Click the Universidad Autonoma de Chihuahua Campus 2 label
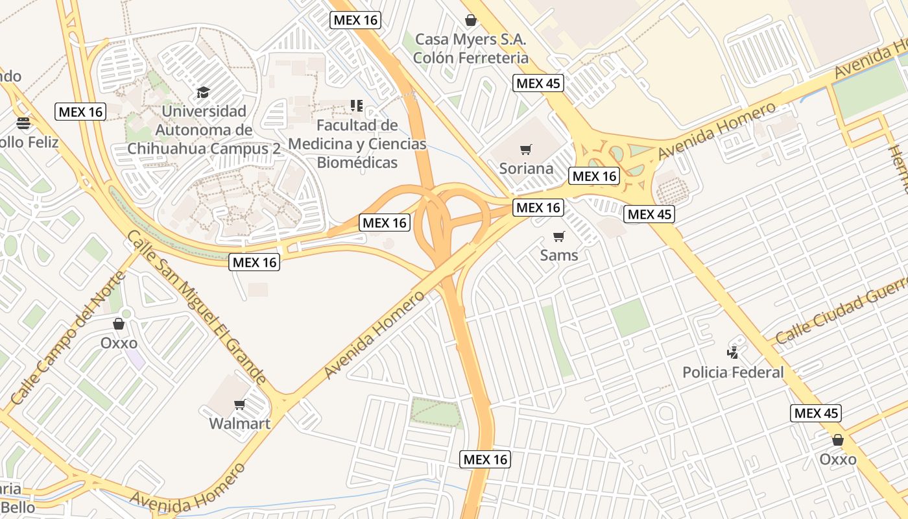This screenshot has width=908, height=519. click(x=204, y=130)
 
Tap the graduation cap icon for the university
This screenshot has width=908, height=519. click(x=204, y=92)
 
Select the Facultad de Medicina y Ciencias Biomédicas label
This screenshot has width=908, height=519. click(x=357, y=143)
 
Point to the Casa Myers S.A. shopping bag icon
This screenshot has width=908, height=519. click(x=471, y=20)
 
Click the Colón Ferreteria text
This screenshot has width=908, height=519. click(x=471, y=58)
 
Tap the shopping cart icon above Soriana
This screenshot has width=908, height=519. click(x=526, y=150)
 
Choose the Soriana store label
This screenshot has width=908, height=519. click(x=526, y=169)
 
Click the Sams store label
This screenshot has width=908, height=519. click(x=559, y=255)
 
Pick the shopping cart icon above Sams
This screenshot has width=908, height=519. click(x=559, y=236)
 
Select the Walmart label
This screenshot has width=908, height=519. click(x=239, y=424)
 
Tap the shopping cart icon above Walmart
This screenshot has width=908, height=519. click(x=239, y=405)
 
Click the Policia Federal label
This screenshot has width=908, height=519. click(x=733, y=372)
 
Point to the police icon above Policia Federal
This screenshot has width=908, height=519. click(x=733, y=353)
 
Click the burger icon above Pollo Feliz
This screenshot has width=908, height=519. click(x=23, y=123)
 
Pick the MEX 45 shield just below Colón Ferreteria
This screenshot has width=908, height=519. click(x=538, y=83)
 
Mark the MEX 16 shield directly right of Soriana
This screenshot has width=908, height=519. click(x=595, y=176)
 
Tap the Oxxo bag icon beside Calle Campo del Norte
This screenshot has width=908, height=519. click(x=119, y=323)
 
